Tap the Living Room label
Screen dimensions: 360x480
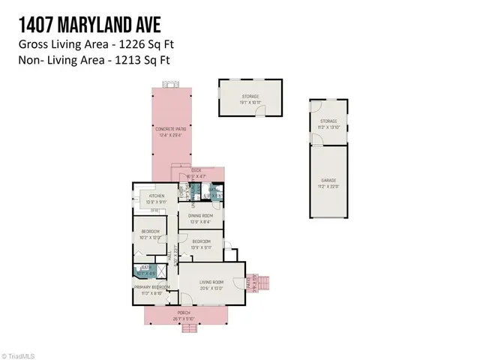point(213,283)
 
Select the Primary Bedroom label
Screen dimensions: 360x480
point(151,286)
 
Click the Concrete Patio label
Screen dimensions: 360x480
point(170,129)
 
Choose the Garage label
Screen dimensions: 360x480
point(329,181)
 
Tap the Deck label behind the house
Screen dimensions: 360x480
point(196,170)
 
